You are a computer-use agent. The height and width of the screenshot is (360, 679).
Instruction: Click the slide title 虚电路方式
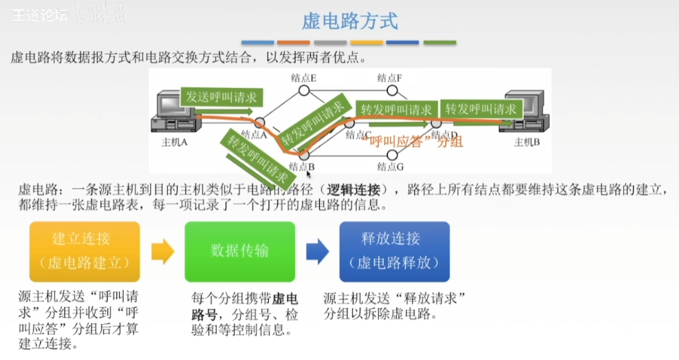pos(349,21)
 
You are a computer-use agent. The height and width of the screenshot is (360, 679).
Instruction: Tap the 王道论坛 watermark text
pos(40,15)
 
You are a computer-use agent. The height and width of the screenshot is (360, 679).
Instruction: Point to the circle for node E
pos(303,90)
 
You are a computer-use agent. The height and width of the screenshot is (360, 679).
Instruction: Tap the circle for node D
pos(436,123)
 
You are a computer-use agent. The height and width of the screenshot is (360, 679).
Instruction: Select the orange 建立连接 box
pos(84,251)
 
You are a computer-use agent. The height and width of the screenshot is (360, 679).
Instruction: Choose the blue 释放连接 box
pos(394,251)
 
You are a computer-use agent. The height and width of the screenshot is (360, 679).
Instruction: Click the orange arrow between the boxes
pos(162,251)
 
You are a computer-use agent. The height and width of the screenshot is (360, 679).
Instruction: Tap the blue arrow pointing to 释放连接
pos(317,251)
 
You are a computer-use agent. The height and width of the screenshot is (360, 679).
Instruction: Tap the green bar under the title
pos(440,43)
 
